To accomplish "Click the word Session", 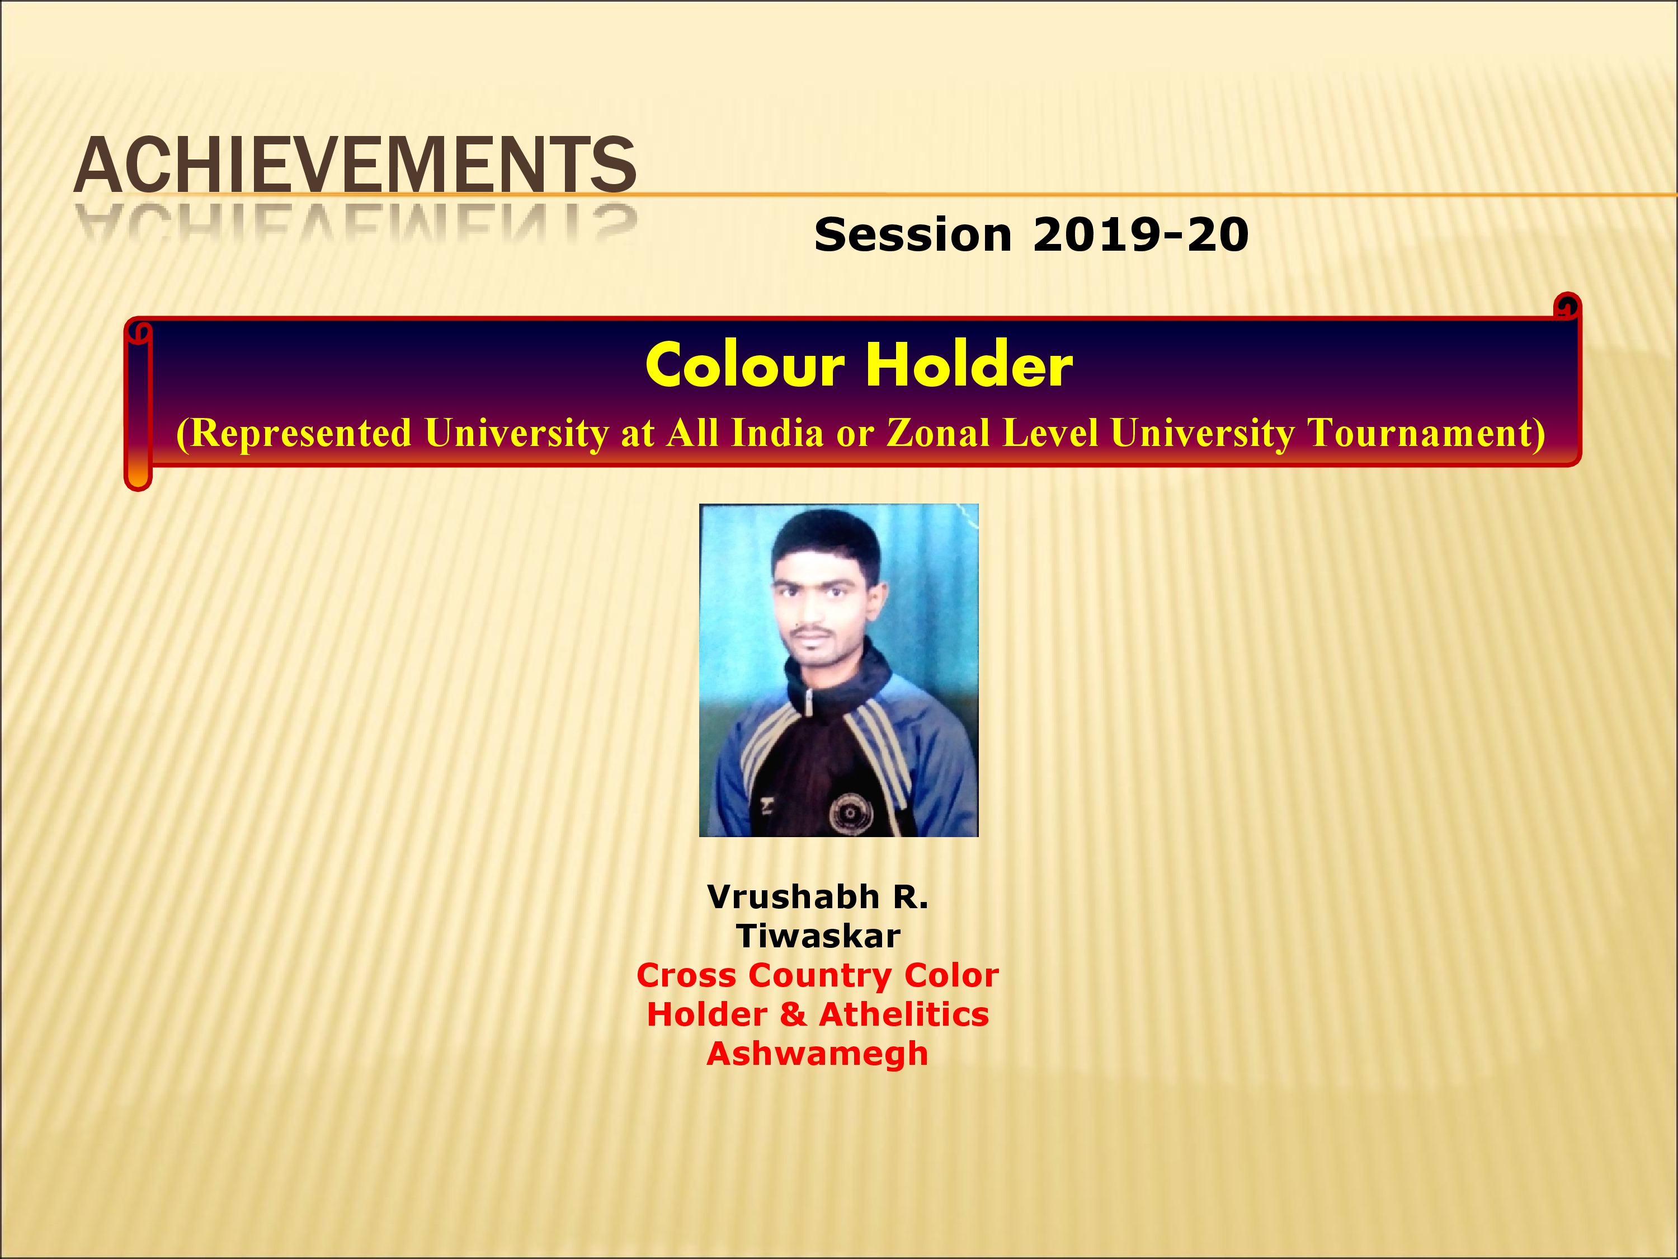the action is click(x=913, y=234).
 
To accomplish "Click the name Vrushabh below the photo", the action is click(x=793, y=897).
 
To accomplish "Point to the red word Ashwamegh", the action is click(x=818, y=1055).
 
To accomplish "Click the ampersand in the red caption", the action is click(x=793, y=1014).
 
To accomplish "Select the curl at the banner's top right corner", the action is click(x=1567, y=307).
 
